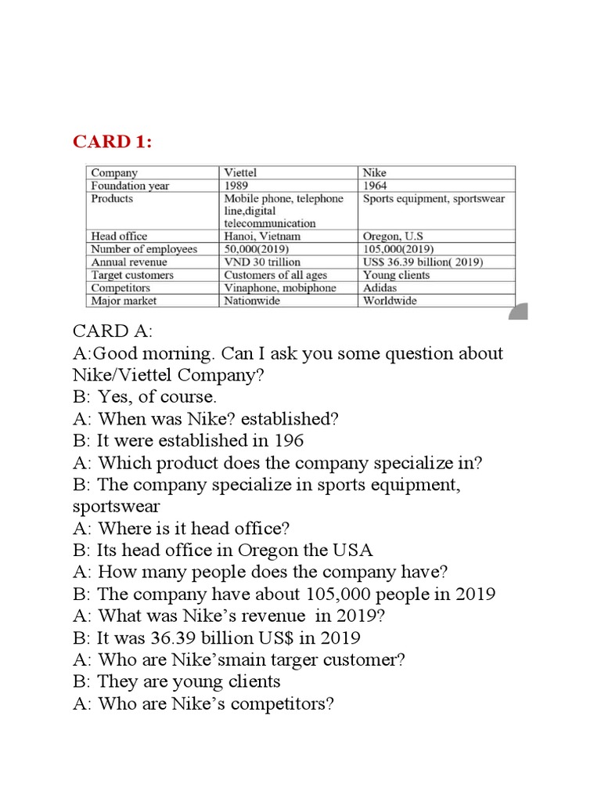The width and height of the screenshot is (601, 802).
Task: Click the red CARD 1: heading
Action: click(113, 141)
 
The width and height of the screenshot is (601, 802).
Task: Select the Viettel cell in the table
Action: click(240, 172)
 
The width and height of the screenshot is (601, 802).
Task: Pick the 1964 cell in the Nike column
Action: click(376, 186)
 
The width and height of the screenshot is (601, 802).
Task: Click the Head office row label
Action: click(119, 236)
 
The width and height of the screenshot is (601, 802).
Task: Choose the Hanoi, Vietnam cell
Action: click(262, 236)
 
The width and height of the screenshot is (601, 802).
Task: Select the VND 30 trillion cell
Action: click(262, 262)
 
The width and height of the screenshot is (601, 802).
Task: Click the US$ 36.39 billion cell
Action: click(423, 262)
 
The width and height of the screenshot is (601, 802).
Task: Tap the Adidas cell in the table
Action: click(380, 287)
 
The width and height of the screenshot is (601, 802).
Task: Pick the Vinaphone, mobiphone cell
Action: click(280, 287)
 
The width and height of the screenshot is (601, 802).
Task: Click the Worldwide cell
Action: click(390, 301)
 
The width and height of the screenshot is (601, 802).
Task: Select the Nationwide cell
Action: click(252, 301)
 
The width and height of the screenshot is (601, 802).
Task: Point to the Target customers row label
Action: click(132, 275)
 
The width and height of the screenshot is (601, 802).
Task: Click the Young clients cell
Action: click(397, 275)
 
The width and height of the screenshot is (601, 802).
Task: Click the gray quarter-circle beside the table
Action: click(520, 313)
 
